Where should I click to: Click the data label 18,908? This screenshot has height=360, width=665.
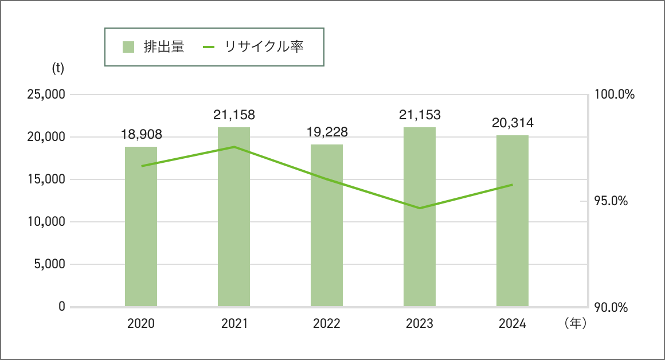pyautogui.click(x=142, y=135)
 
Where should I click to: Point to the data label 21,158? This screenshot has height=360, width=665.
pyautogui.click(x=234, y=115)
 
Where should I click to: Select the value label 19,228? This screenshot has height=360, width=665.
pyautogui.click(x=327, y=132)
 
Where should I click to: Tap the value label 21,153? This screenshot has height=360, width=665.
pyautogui.click(x=420, y=115)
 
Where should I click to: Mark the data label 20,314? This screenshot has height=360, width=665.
pyautogui.click(x=513, y=123)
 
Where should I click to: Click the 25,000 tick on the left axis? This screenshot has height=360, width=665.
pyautogui.click(x=46, y=95)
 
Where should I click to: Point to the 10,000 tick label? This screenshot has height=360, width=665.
pyautogui.click(x=46, y=222)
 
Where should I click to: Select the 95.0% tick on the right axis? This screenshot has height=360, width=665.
pyautogui.click(x=611, y=201)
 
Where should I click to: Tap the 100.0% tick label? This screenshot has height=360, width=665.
pyautogui.click(x=614, y=95)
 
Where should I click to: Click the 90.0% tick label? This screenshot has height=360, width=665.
pyautogui.click(x=611, y=308)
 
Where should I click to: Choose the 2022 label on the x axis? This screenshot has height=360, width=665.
pyautogui.click(x=327, y=324)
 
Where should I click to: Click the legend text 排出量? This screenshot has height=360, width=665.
pyautogui.click(x=164, y=47)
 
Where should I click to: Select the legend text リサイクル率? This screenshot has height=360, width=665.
pyautogui.click(x=264, y=47)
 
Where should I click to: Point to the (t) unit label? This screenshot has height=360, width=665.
pyautogui.click(x=58, y=68)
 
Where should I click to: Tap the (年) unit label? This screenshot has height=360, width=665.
pyautogui.click(x=575, y=324)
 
